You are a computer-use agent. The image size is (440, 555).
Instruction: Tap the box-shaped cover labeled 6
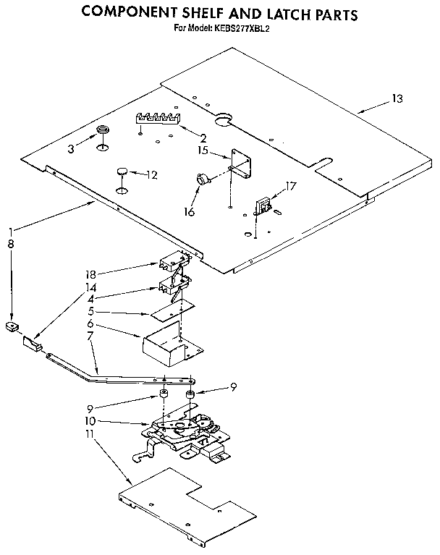tap(163, 343)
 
